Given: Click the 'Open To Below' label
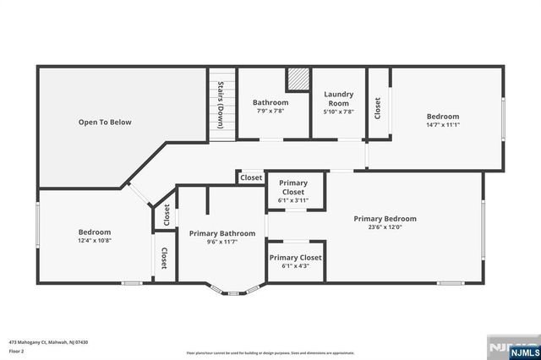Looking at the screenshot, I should tap(105, 123).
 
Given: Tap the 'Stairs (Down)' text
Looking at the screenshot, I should tap(221, 104).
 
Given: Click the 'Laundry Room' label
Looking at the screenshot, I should tap(339, 98).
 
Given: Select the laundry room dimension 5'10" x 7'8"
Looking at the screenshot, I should tap(339, 112).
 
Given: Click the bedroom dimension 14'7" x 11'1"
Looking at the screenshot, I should tap(442, 125).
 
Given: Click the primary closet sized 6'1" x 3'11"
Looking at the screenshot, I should tap(293, 191).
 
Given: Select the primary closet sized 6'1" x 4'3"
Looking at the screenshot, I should tap(295, 261).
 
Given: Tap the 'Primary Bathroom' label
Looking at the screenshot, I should tap(222, 233).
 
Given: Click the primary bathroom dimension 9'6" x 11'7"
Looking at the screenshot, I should tap(222, 243).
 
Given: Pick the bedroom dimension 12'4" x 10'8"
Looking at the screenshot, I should tap(94, 241).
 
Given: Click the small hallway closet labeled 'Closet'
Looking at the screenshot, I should tap(251, 177).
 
